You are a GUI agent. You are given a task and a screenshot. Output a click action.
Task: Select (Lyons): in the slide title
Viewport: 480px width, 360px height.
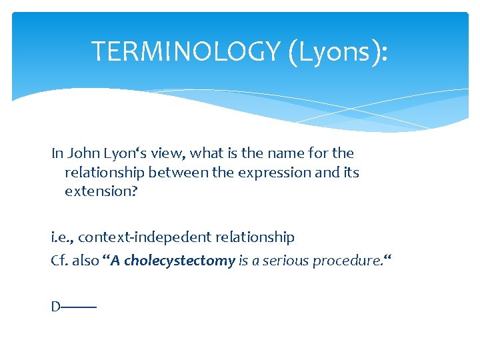pos(338,51)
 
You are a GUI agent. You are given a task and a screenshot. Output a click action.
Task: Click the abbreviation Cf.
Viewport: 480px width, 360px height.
pos(59,260)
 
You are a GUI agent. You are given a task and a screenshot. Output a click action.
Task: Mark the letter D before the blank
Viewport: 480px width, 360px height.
pos(56,307)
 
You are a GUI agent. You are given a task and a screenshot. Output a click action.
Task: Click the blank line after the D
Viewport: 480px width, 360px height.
pos(79,307)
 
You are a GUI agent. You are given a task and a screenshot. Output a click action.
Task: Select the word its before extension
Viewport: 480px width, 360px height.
pos(350,173)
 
